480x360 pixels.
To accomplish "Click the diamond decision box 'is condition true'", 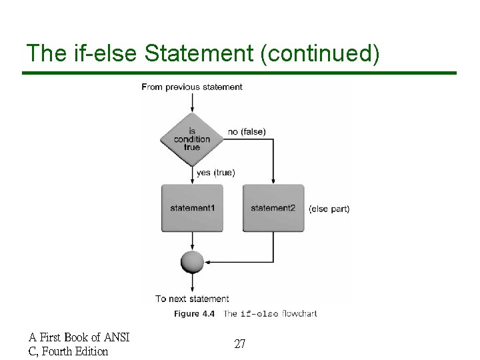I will tap(192, 139).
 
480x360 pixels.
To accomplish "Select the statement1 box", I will tap(192, 208).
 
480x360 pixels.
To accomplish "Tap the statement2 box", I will tap(273, 208).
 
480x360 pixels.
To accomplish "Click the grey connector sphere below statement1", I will tap(192, 261).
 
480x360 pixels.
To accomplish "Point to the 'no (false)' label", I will tap(247, 132).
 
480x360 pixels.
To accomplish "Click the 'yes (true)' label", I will tap(215, 173).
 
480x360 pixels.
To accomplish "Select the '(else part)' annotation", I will tap(329, 209).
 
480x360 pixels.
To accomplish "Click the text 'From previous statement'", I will tap(192, 87).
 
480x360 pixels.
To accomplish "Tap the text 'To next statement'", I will tap(192, 299).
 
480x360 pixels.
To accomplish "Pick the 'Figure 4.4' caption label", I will tap(194, 313).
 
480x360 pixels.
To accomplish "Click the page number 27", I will tap(240, 344).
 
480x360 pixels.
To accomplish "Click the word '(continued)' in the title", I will tap(321, 54).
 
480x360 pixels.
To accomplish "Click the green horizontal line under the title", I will tap(240, 72).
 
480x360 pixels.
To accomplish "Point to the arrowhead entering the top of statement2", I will tap(273, 181).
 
